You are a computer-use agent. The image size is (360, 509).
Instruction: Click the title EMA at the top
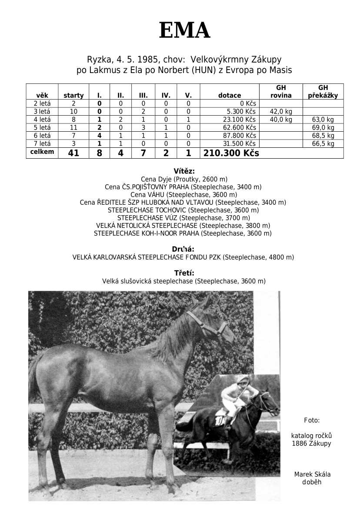[x=184, y=31]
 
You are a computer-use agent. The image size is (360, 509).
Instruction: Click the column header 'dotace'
[x=229, y=96]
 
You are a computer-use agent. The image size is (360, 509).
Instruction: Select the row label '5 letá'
[x=42, y=127]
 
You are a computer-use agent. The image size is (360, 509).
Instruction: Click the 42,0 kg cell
[x=281, y=112]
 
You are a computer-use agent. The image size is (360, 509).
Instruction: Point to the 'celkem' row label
[x=42, y=152]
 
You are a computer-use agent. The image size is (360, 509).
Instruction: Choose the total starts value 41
[x=73, y=153]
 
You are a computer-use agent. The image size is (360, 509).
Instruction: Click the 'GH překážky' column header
[x=323, y=92]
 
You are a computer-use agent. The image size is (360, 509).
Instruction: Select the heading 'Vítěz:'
[x=184, y=171]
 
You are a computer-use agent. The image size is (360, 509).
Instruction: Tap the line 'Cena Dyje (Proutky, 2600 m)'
[x=184, y=179]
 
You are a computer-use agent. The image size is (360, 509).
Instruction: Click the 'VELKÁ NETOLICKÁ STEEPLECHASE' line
[x=183, y=226]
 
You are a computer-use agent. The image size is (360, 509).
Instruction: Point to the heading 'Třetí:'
[x=184, y=273]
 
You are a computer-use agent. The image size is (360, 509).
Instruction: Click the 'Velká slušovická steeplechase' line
[x=184, y=281]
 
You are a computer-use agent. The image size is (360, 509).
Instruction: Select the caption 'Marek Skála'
[x=312, y=474]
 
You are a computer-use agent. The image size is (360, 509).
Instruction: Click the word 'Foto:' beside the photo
[x=312, y=420]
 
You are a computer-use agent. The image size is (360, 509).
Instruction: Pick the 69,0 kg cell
[x=323, y=127]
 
